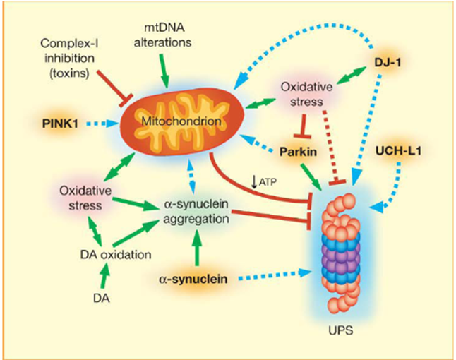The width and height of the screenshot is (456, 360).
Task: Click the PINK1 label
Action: [x=60, y=124]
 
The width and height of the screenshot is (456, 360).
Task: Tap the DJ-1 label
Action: [x=388, y=62]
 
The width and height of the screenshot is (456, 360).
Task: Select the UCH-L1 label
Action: [x=398, y=151]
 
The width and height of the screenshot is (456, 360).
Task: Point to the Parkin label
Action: [x=298, y=152]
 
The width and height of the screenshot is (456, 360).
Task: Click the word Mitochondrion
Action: [x=181, y=121]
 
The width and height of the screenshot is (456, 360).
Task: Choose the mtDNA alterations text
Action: [x=162, y=35]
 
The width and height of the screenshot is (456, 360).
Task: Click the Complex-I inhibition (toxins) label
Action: [x=69, y=58]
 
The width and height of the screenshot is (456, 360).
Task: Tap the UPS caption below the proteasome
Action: [x=341, y=330]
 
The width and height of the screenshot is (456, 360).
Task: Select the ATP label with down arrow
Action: [x=264, y=182]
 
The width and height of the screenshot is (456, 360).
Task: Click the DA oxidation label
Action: [x=116, y=255]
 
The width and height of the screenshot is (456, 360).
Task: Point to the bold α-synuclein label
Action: [x=193, y=279]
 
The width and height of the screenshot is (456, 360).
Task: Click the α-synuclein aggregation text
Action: [x=196, y=211]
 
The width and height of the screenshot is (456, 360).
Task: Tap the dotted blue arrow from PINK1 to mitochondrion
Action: [x=102, y=124]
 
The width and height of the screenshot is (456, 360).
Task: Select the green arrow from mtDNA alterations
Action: [x=164, y=71]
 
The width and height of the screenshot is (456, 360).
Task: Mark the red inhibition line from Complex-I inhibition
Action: [x=114, y=87]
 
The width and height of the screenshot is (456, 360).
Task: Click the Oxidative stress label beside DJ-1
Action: [x=306, y=94]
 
